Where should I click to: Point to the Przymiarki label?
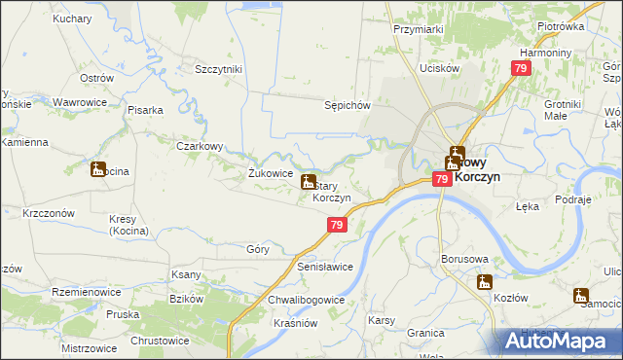pos(419,29)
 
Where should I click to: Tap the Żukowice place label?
pos(271,173)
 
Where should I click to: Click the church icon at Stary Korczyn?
pos(309,182)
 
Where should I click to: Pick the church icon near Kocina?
pos(98,170)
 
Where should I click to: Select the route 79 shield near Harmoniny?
pos(521,68)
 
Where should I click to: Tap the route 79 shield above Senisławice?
pos(336,225)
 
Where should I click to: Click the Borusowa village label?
pos(463,260)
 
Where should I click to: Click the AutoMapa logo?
pos(556,340)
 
